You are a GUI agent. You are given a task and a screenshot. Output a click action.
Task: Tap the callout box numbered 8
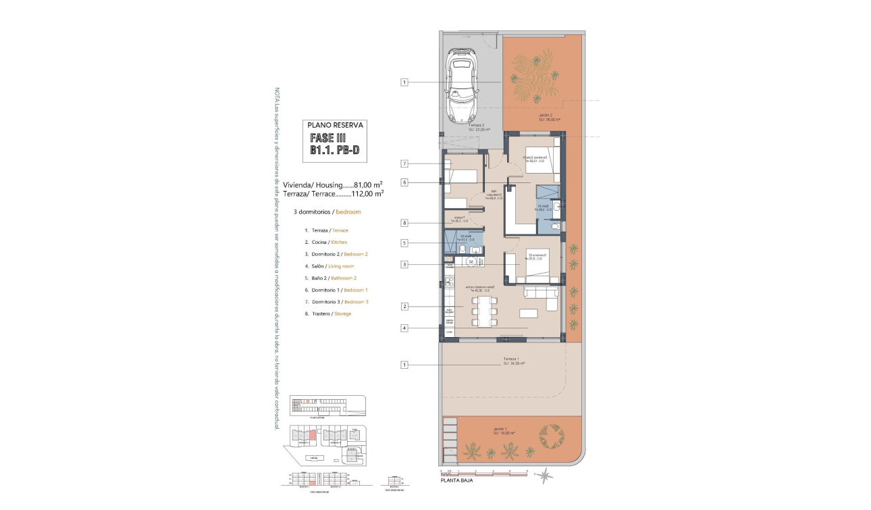[404, 223]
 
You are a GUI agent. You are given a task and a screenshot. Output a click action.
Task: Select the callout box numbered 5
[404, 243]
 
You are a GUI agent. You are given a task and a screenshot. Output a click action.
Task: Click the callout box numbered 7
[404, 163]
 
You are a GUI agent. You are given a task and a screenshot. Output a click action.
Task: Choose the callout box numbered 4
[404, 328]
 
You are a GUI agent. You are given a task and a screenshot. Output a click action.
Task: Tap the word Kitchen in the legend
[340, 242]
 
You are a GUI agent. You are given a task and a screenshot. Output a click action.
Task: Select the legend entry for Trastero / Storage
[327, 313]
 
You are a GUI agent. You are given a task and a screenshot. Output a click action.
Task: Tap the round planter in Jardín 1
[552, 436]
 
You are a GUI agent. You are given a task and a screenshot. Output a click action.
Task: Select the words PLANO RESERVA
[336, 125]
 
